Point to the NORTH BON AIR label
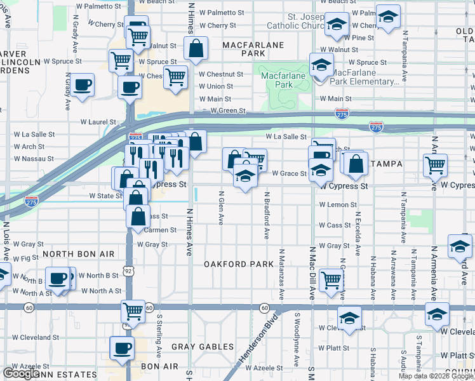point(78,254)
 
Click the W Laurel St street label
point(98,122)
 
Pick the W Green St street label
point(228,110)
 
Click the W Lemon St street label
point(334,205)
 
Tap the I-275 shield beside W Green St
point(342,113)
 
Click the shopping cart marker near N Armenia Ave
point(435,164)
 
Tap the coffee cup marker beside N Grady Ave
point(82,84)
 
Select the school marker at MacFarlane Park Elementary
point(321,65)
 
